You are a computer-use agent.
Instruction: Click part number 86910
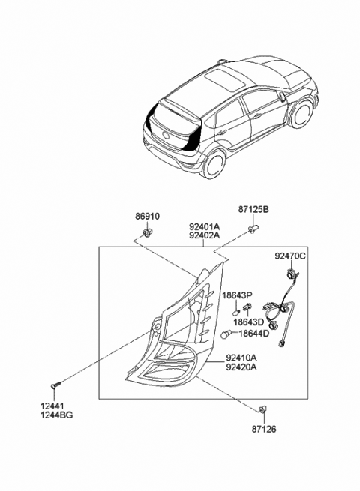[147, 217]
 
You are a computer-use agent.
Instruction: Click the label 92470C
[289, 256]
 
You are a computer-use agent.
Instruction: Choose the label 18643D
[250, 322]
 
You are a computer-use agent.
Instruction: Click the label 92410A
[241, 358]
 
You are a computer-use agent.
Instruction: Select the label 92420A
[241, 368]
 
